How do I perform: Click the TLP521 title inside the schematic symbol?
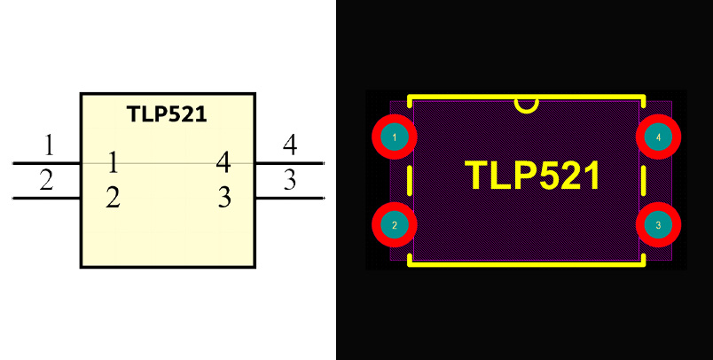pos(168,114)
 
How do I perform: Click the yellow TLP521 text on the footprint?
pos(533,176)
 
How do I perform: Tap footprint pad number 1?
pos(393,137)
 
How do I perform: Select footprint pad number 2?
pos(393,225)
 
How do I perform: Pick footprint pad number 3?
pos(658,225)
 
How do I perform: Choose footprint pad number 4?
pos(658,137)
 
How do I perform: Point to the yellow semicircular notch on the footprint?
pos(526,105)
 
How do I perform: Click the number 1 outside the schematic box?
pos(49,144)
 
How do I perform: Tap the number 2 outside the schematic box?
pos(46,179)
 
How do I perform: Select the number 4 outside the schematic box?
pos(289,144)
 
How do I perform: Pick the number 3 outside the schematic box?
pos(289,179)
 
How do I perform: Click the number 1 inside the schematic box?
pos(113,162)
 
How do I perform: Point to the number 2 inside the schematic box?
pos(113,196)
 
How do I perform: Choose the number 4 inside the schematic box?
pos(223,162)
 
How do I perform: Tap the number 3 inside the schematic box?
pos(224,196)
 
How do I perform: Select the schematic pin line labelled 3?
pos(289,198)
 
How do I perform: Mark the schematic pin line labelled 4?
pos(289,164)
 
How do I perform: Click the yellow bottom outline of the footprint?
pos(526,263)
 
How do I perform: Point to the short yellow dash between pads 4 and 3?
pos(643,181)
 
